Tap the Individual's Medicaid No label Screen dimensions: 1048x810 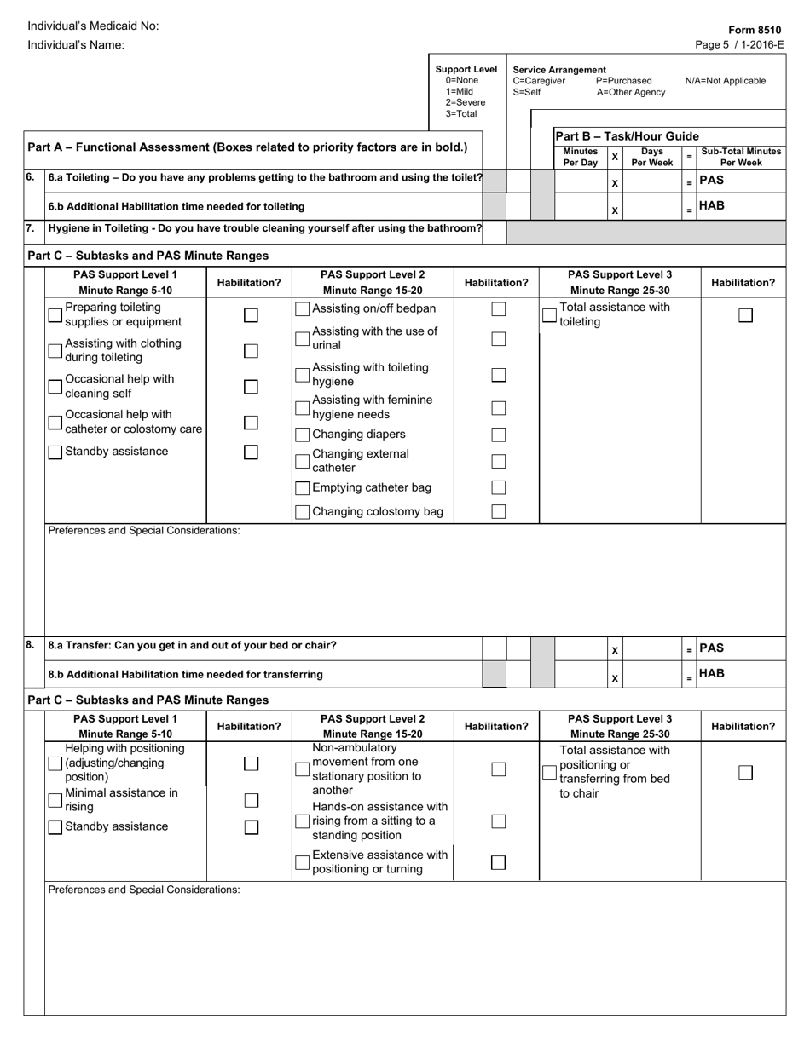tap(93, 26)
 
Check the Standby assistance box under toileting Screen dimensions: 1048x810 tap(55, 452)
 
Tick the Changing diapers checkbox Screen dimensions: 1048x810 tap(302, 435)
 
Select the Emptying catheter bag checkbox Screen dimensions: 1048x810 tap(302, 488)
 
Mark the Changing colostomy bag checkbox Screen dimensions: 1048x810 tap(302, 512)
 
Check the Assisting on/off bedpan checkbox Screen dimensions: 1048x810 tap(302, 309)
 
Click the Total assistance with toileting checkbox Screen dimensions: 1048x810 tap(550, 316)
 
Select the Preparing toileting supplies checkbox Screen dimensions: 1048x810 tap(55, 315)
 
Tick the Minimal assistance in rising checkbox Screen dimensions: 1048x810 tap(55, 800)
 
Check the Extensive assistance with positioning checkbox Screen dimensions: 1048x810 tap(302, 862)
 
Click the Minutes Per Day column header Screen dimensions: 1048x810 tap(580, 157)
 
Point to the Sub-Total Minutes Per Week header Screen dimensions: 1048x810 tap(740, 157)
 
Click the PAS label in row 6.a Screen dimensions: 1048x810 tap(712, 181)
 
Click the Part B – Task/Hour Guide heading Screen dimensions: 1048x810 tap(627, 136)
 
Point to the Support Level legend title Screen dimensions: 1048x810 tap(466, 69)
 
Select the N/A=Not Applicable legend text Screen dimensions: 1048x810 tap(725, 81)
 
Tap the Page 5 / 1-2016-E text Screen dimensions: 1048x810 tap(740, 45)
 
